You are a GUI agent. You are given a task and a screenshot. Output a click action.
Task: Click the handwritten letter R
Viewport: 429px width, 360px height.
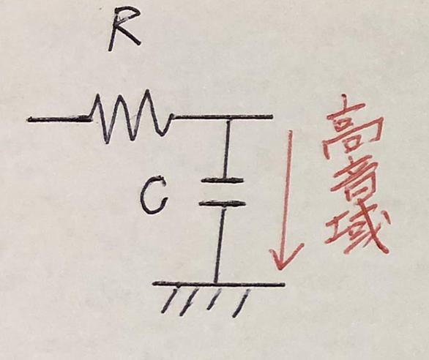(x=124, y=29)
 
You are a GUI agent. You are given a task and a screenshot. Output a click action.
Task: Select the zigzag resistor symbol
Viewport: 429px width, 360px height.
(x=131, y=116)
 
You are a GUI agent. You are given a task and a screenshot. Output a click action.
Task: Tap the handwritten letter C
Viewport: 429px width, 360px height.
(x=153, y=195)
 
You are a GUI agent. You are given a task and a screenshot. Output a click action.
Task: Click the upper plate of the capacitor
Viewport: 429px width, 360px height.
(x=222, y=180)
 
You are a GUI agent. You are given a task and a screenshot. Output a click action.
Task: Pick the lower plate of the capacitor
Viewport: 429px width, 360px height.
(x=221, y=203)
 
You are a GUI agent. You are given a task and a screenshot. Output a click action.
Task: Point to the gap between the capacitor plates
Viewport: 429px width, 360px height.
(x=222, y=192)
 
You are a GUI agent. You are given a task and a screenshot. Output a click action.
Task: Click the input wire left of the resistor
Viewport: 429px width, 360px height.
(x=59, y=119)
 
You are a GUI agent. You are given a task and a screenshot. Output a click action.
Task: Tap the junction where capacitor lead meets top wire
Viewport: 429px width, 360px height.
(x=228, y=118)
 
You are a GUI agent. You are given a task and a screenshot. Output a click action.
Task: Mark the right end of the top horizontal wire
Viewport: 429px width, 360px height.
(x=272, y=117)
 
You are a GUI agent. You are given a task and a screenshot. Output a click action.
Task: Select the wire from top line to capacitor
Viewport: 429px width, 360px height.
(x=226, y=149)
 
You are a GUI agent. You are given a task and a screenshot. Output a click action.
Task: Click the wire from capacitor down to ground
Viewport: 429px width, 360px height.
(x=220, y=244)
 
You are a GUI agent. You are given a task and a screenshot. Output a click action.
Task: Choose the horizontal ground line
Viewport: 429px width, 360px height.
(x=218, y=284)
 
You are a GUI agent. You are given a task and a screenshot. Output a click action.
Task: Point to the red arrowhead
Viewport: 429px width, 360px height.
(x=285, y=256)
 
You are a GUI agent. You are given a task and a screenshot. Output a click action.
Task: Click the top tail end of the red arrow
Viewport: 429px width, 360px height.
(x=290, y=131)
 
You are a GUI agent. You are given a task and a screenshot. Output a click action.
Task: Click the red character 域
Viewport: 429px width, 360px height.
(x=359, y=233)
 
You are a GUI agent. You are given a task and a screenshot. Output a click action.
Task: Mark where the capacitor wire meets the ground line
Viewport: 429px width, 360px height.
(x=216, y=283)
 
